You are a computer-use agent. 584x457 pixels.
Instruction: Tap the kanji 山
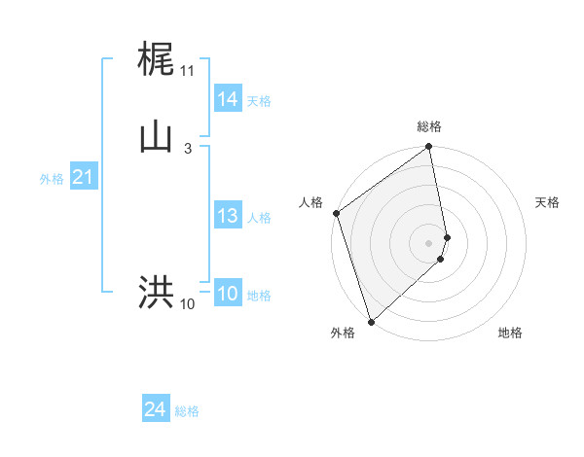tap(157, 137)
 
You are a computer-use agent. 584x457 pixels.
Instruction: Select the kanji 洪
tap(157, 292)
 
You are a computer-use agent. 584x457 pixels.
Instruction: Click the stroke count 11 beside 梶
tap(187, 71)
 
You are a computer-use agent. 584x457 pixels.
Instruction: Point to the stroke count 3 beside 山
tap(187, 149)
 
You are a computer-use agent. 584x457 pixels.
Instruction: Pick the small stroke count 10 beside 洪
tap(187, 304)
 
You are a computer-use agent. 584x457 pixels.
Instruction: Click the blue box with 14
tap(227, 99)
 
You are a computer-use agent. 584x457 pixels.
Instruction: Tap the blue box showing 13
tap(227, 216)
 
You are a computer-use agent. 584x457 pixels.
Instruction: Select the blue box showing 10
tap(227, 294)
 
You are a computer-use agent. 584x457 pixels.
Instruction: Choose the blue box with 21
tap(83, 177)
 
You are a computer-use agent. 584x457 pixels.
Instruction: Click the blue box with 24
tap(156, 410)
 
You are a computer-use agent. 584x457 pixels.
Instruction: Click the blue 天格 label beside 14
tap(259, 101)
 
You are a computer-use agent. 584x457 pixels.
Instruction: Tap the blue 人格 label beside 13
tap(259, 218)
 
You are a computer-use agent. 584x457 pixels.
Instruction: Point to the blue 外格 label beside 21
tap(52, 179)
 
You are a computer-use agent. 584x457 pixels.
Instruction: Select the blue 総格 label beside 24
tap(187, 412)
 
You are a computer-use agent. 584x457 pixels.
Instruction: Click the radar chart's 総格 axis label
tap(429, 126)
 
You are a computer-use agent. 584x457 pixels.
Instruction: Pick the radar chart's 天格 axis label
tap(548, 202)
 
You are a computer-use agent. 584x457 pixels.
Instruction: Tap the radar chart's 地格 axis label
tap(510, 334)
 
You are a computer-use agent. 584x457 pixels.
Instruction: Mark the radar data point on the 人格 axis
tap(336, 213)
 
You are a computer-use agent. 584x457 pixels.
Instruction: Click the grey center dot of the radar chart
tap(429, 242)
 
